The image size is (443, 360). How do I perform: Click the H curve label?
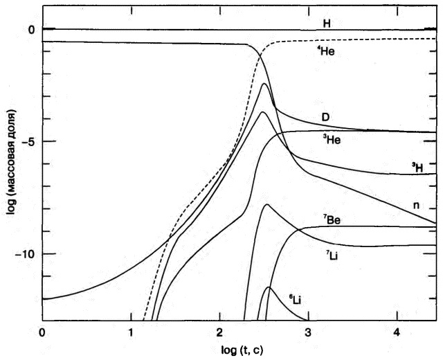[326, 24]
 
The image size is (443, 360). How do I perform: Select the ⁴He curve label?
[327, 51]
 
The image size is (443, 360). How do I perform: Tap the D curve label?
[325, 116]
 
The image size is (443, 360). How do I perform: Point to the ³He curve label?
[331, 140]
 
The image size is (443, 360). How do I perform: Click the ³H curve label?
[416, 167]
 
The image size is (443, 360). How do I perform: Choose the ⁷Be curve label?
[332, 219]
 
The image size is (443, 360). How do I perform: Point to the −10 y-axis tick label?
[25, 254]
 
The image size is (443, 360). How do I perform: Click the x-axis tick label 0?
[43, 331]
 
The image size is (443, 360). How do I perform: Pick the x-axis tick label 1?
[132, 331]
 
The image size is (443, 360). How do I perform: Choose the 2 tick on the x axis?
[220, 331]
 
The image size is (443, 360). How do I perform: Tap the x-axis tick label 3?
[309, 331]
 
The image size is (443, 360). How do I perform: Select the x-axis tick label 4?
[397, 331]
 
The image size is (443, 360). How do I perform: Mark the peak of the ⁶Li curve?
[269, 287]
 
